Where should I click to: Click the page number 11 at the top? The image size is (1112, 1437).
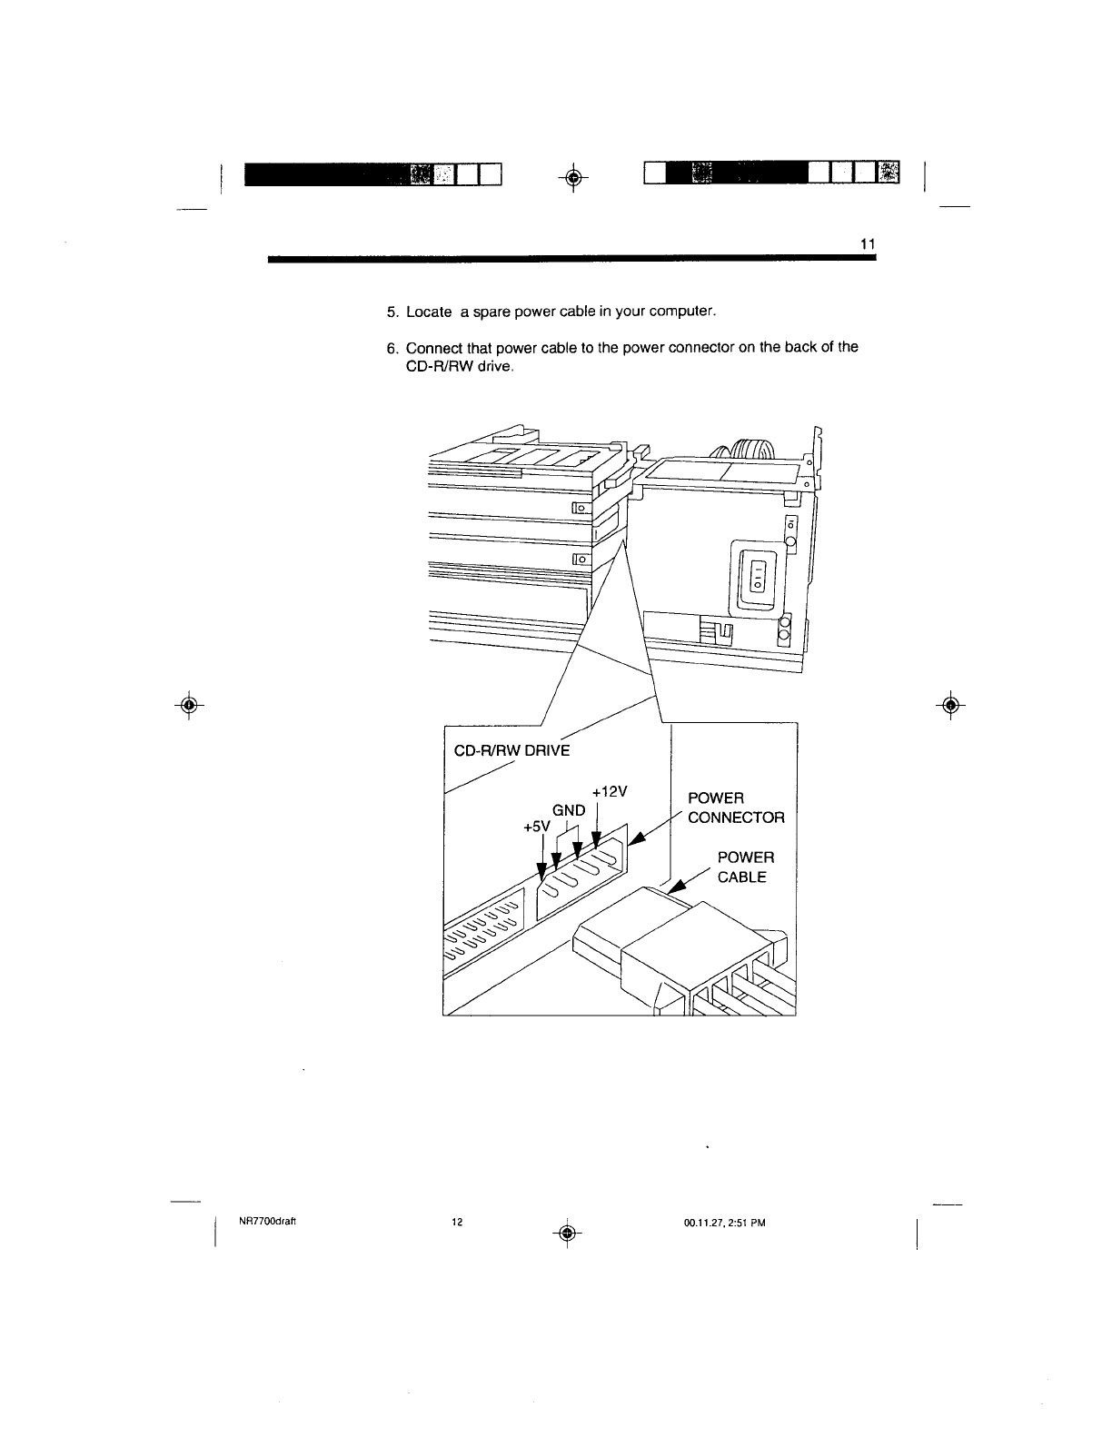(866, 244)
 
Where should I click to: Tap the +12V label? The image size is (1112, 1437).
(609, 791)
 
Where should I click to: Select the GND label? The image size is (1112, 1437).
(569, 810)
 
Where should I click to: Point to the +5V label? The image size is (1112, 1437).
(537, 827)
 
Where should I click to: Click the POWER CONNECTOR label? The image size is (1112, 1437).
(736, 808)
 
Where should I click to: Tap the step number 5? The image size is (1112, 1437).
(392, 312)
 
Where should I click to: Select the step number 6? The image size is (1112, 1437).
(392, 348)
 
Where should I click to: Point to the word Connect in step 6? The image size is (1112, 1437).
(433, 348)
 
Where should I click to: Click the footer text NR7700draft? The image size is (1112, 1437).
(262, 1222)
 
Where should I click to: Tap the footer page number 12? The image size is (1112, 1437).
(457, 1222)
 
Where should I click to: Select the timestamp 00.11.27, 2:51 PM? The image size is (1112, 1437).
(725, 1222)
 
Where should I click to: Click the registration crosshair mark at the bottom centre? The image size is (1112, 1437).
(566, 1232)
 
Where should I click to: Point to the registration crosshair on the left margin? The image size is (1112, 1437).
(188, 705)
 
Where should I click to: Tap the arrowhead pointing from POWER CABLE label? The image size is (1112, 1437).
(676, 887)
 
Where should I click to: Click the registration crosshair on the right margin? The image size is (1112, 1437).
(950, 705)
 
